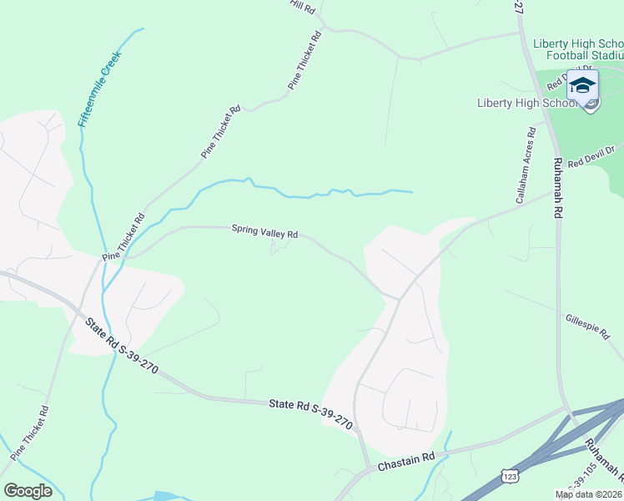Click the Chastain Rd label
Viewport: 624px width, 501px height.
(406, 461)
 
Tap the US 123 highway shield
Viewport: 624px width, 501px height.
(509, 475)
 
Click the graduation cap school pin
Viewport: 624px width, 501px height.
(582, 85)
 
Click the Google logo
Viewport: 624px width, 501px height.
(28, 490)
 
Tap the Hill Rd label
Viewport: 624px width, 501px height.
(302, 7)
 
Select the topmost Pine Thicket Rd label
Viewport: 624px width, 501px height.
(304, 61)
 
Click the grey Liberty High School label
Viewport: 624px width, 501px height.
(527, 104)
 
